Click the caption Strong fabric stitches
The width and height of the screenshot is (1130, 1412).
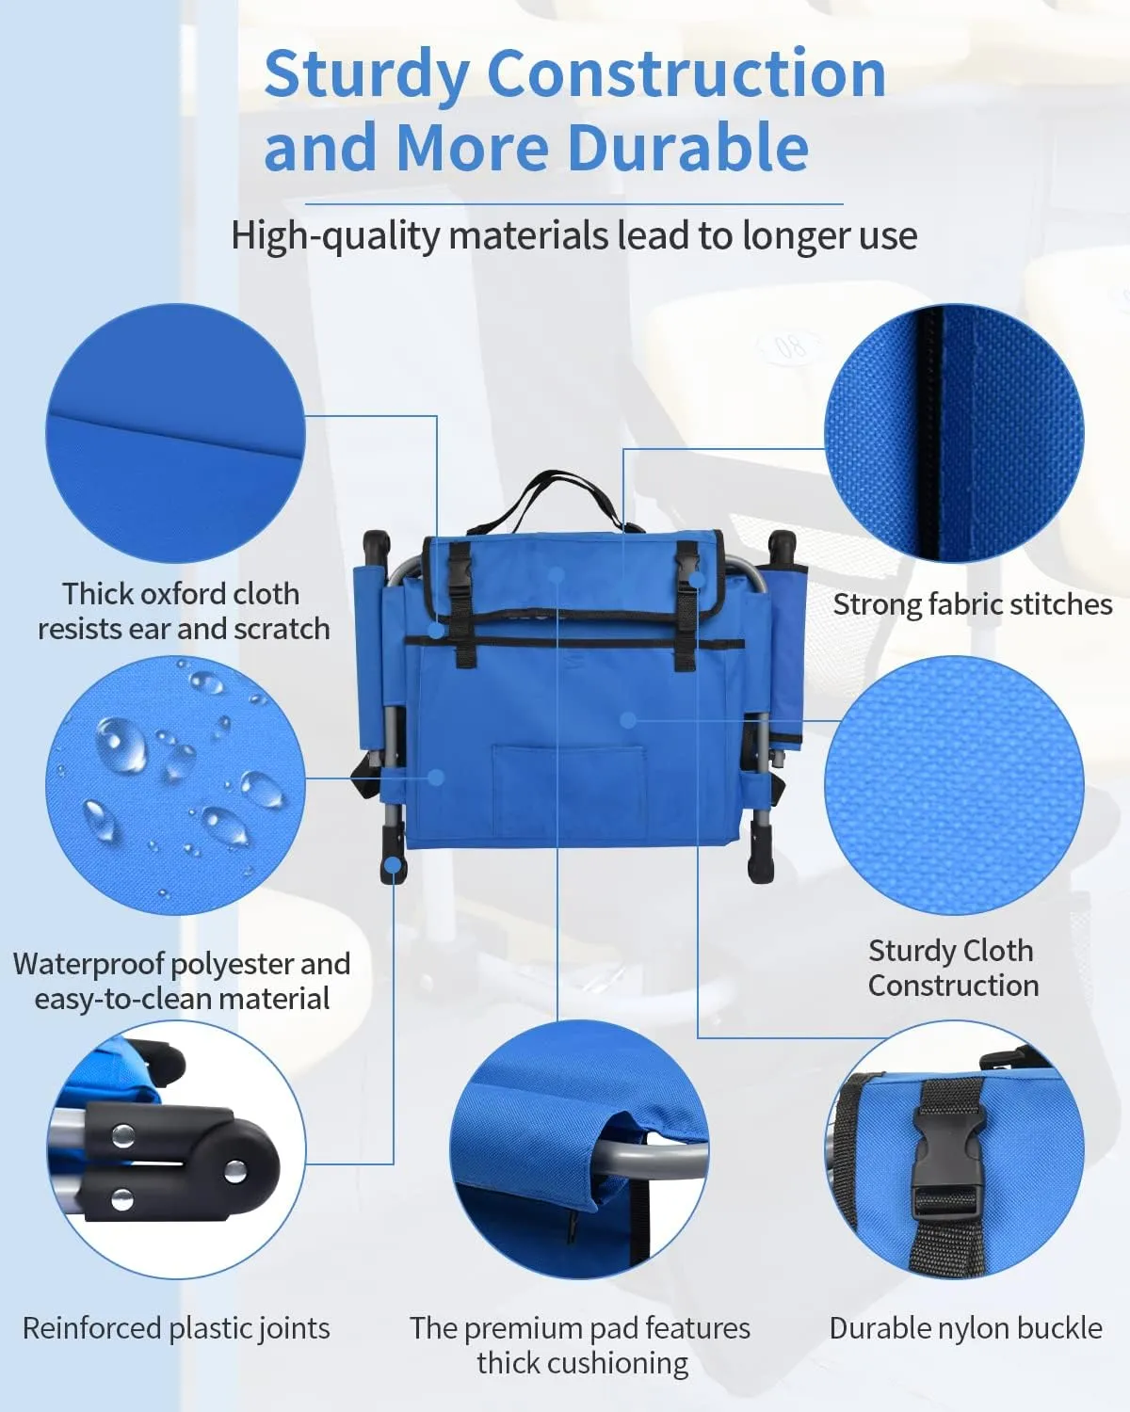(x=973, y=604)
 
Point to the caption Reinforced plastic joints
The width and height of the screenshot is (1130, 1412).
(x=176, y=1328)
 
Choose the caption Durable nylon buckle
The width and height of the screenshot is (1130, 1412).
(x=966, y=1328)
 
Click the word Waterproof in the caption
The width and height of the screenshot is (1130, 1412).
(x=89, y=965)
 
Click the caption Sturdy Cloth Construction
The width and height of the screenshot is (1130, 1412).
(x=953, y=969)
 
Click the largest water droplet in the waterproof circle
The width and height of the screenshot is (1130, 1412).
(x=121, y=745)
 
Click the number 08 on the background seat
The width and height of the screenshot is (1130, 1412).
(x=790, y=346)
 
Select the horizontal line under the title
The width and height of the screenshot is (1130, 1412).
(x=573, y=204)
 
